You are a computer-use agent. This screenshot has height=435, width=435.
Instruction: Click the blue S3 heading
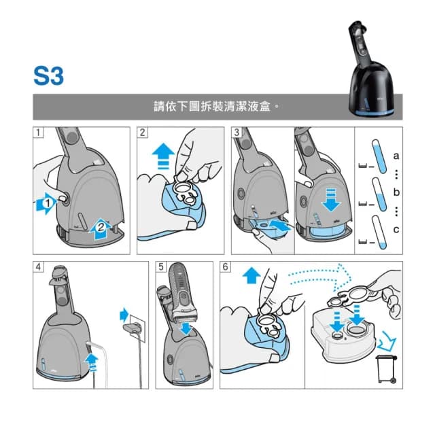[x=48, y=75]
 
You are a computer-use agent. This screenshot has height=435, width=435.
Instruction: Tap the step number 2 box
[x=143, y=133]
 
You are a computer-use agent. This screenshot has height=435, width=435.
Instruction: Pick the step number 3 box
[x=236, y=133]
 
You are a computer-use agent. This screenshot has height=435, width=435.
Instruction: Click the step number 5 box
[x=161, y=266]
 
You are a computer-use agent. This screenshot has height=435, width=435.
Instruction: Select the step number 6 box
[x=226, y=266]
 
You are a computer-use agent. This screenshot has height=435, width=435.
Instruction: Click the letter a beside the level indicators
[x=396, y=156]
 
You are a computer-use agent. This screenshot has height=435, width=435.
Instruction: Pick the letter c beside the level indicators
[x=396, y=230]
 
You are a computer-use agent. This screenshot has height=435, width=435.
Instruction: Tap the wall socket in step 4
[x=133, y=326]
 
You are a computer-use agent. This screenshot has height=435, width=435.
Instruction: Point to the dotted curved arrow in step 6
[x=319, y=275]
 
